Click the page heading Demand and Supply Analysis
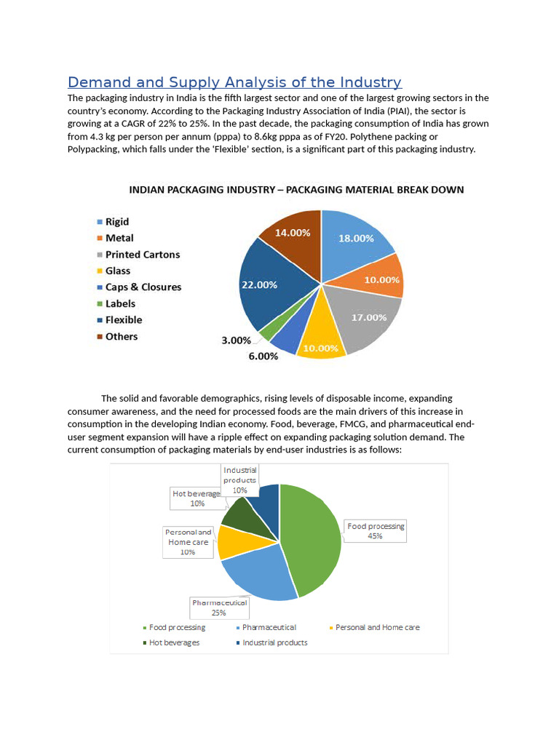click(x=234, y=82)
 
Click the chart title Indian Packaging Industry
click(x=296, y=190)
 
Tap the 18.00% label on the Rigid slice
click(x=356, y=239)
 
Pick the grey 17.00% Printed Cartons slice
click(x=368, y=317)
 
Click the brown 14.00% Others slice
click(x=292, y=233)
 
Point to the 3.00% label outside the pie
click(x=236, y=340)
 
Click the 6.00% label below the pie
click(x=263, y=356)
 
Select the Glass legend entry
click(x=117, y=271)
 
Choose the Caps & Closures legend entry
click(x=143, y=287)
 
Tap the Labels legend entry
click(x=120, y=304)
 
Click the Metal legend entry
click(x=119, y=238)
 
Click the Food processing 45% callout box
click(x=376, y=531)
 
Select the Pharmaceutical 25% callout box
click(x=219, y=607)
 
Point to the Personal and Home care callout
click(x=188, y=542)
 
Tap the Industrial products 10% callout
click(x=239, y=480)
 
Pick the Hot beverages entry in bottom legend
click(x=174, y=642)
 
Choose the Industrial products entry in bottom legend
click(x=274, y=642)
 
